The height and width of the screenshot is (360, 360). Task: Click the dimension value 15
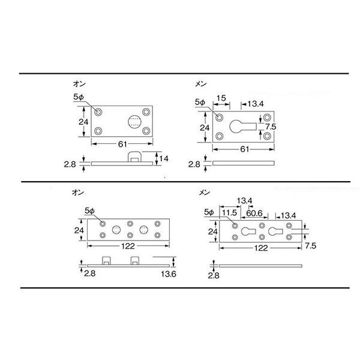click(x=221, y=98)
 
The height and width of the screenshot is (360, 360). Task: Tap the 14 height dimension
click(x=164, y=158)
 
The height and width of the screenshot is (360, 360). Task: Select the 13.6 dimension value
click(x=169, y=274)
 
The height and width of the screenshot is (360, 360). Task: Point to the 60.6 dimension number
click(x=254, y=213)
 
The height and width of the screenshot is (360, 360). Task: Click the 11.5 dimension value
click(x=229, y=212)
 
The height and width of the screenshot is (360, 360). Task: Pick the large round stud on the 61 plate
click(x=134, y=122)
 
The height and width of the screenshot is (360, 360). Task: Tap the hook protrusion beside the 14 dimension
click(x=134, y=157)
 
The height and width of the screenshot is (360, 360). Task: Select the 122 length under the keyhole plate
click(x=261, y=248)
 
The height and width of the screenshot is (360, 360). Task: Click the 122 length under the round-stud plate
click(x=128, y=246)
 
